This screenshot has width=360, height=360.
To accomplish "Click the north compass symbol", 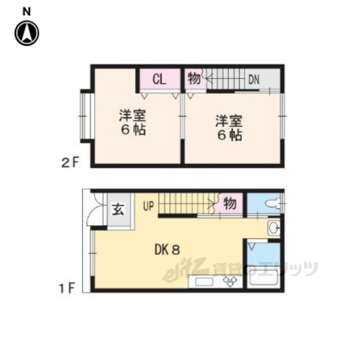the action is pos(27,33).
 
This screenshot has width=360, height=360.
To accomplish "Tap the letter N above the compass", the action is pos(27,12).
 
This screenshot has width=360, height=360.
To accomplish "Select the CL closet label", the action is pos(159,79).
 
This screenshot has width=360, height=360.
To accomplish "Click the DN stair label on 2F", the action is pos(254,80).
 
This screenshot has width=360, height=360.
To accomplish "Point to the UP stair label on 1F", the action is pos(148,206).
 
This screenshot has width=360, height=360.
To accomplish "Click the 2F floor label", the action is pos(70,163).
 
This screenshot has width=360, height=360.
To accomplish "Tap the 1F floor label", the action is pos(67,288).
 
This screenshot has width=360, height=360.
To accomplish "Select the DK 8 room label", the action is pos(167,250).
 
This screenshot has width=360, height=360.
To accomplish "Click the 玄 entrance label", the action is pos(118,209).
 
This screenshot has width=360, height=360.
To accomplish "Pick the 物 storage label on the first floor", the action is pos(230,203).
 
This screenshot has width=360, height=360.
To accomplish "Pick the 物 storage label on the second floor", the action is pos(194,79).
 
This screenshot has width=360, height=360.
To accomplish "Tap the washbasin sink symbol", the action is pos(274,228).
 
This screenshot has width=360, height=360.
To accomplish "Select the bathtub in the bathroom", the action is pos(263,278).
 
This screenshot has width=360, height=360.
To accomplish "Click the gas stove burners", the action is pos(230,281).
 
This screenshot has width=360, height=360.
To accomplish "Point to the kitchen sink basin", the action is pos(204,282).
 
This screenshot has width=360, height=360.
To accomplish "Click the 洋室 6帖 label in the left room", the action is pos(133,123).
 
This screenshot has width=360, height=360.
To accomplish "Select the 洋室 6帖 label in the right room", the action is pos(229,128).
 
